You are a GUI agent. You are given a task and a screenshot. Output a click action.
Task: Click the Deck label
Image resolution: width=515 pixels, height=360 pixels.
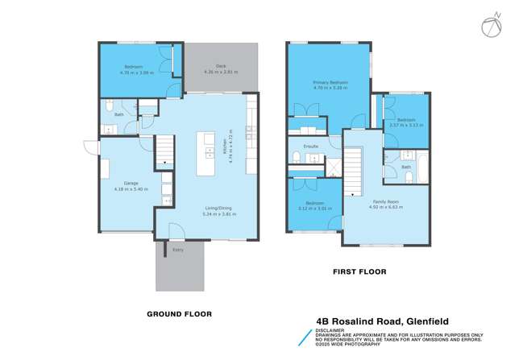(220, 66)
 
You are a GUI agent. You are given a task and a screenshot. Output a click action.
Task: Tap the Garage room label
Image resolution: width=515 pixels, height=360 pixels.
(122, 183)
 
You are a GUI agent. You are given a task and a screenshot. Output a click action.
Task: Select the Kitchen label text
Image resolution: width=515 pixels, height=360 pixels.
(222, 147)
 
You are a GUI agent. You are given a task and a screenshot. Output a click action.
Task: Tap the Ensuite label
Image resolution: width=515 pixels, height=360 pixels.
(311, 147)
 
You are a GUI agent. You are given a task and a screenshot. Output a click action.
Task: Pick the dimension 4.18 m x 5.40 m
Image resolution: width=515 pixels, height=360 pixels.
(122, 189)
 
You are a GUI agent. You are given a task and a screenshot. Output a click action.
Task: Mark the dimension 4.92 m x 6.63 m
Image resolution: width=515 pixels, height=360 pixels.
(386, 207)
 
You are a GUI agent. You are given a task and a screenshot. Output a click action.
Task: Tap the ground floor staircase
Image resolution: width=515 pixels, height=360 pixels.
(164, 151)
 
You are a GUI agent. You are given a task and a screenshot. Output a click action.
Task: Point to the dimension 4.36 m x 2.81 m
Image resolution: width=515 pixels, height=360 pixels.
(220, 72)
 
